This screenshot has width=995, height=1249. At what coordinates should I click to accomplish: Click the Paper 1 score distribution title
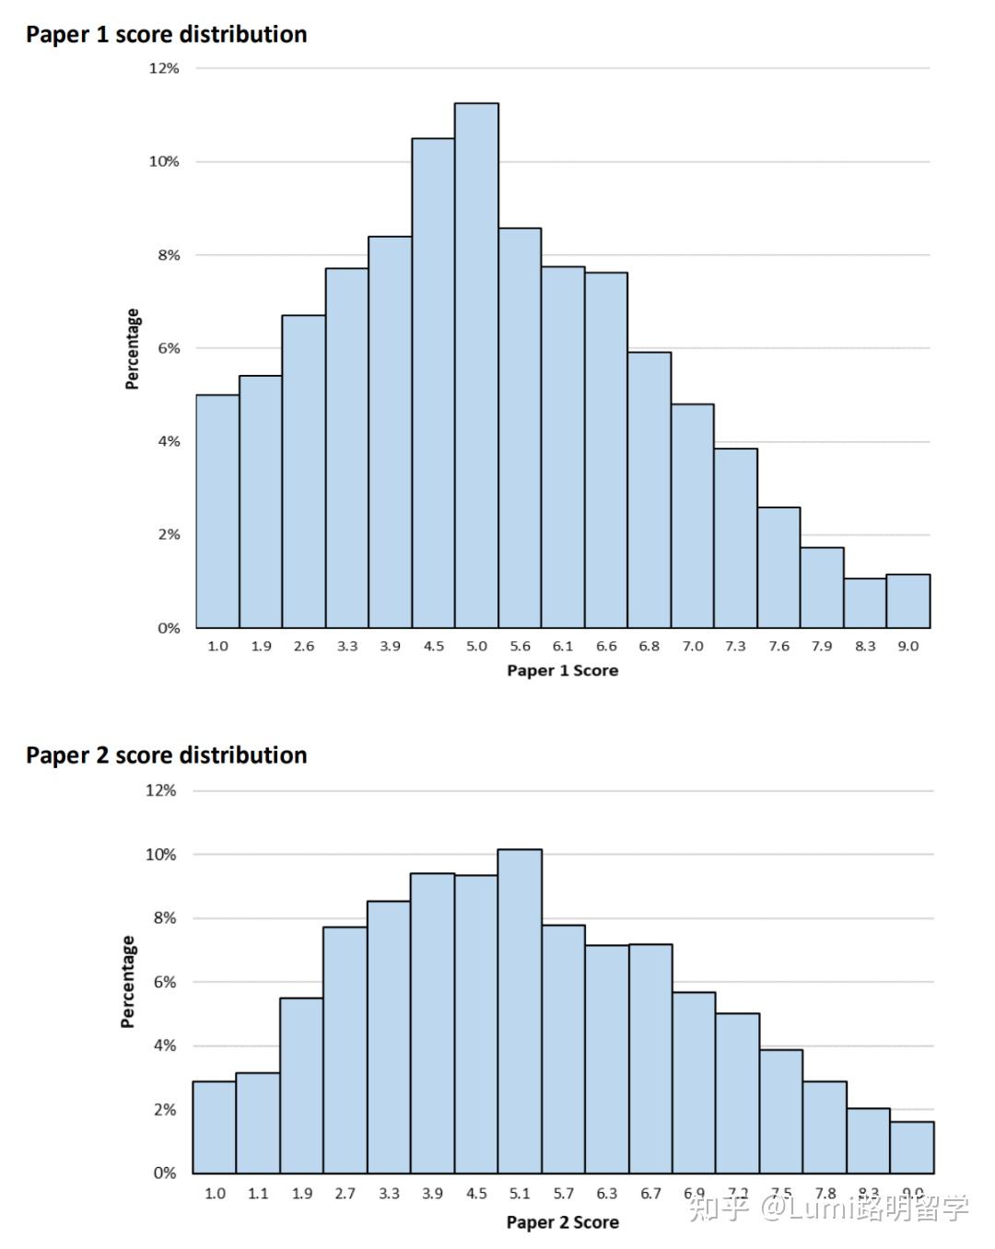tap(166, 35)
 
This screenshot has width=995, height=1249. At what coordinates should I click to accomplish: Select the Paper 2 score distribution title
tap(166, 755)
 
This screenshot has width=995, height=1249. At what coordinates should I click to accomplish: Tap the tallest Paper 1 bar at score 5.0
tap(476, 368)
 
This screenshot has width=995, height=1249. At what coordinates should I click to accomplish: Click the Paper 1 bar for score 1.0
tap(217, 511)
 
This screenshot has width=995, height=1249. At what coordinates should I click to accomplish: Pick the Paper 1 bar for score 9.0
tap(908, 601)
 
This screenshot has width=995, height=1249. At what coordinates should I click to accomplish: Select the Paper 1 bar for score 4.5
tap(433, 382)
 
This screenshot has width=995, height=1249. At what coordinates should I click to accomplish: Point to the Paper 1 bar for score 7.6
tap(778, 567)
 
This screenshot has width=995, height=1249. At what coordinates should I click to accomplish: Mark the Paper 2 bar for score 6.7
tap(650, 1058)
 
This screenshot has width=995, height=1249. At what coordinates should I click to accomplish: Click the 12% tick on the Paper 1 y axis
tap(164, 68)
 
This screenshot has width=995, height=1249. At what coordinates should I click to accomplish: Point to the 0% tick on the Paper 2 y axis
tap(164, 1173)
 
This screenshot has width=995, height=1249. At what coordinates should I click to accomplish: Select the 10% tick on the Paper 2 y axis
tap(160, 855)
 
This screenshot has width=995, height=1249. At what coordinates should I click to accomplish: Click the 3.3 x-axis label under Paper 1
tap(346, 647)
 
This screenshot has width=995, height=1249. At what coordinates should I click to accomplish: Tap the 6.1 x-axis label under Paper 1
tap(563, 647)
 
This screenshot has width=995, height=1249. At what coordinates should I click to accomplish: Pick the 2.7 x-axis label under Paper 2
tap(345, 1194)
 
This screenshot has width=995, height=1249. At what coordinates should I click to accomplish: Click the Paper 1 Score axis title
tap(562, 671)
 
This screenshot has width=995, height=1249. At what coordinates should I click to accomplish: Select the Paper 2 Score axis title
tap(562, 1222)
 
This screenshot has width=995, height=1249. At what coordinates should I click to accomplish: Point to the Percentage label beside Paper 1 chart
tap(133, 349)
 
